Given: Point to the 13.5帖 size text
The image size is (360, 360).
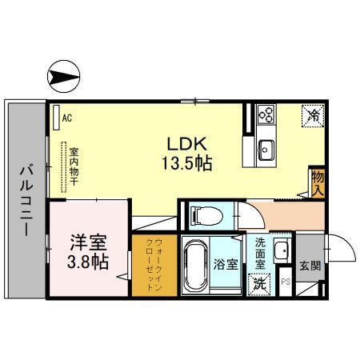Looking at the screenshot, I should pyautogui.click(x=187, y=162).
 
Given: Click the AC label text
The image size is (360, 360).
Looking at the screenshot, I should pyautogui.click(x=67, y=118).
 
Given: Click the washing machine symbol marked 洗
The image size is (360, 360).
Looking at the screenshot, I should pyautogui.click(x=260, y=282).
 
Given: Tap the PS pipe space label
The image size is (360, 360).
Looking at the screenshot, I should pyautogui.click(x=286, y=281).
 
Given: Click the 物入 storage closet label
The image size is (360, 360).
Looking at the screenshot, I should pyautogui.click(x=317, y=183).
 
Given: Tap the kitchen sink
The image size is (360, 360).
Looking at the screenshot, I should pyautogui.click(x=266, y=149).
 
